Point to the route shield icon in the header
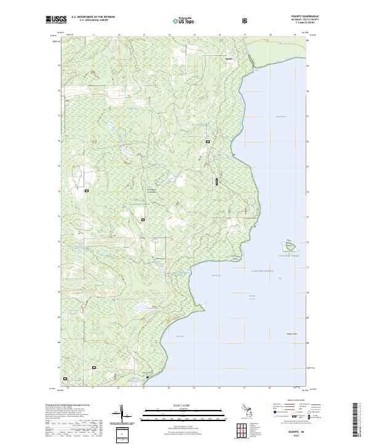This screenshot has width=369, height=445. coord(246,20)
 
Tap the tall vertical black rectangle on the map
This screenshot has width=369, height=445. coord(216,181)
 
